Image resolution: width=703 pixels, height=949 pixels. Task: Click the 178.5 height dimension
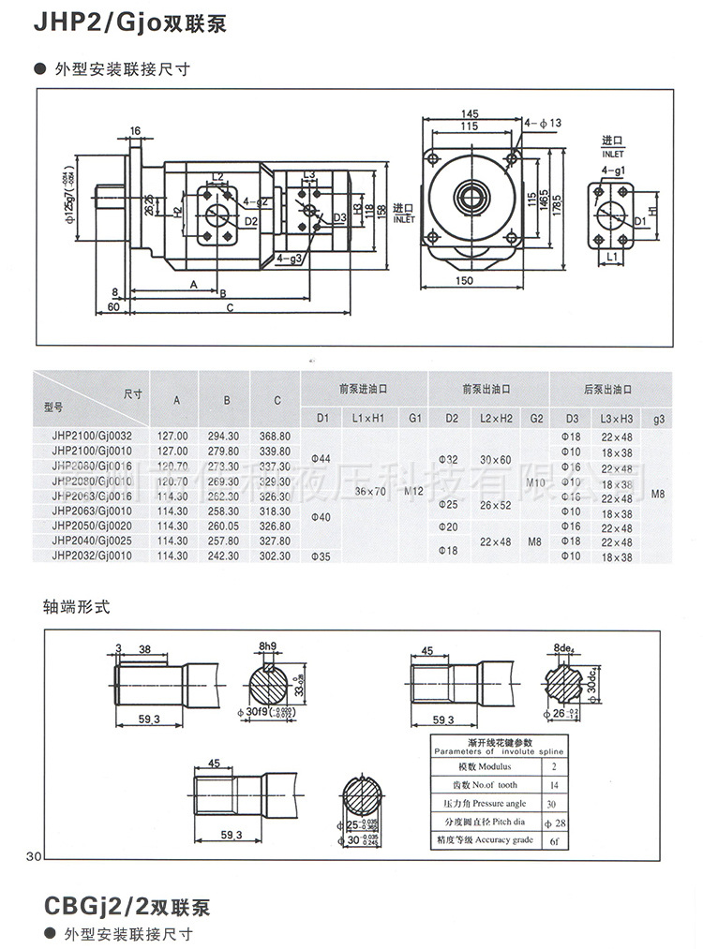[x=557, y=200]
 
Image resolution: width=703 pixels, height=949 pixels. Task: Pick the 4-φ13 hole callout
[x=543, y=122]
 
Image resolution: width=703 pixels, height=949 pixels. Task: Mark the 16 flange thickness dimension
[x=135, y=131]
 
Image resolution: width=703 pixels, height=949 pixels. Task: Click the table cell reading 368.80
[x=276, y=436]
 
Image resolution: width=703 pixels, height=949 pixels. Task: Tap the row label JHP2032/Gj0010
[x=93, y=556]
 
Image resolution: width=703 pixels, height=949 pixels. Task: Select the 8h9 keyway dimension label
[x=268, y=646]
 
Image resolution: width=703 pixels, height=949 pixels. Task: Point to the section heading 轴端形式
[x=77, y=606]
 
